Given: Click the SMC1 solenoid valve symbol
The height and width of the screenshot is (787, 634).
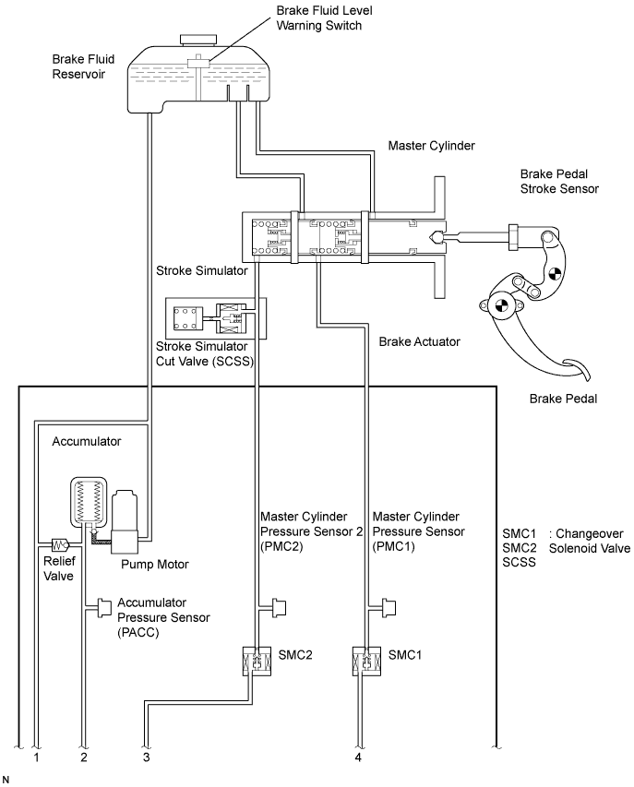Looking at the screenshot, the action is pyautogui.click(x=367, y=660).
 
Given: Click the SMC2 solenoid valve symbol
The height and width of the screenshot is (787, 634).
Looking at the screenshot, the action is pyautogui.click(x=257, y=660).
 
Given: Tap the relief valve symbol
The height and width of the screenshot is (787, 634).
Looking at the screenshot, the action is pyautogui.click(x=60, y=544).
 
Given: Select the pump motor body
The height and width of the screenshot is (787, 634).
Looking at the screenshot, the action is pyautogui.click(x=125, y=521).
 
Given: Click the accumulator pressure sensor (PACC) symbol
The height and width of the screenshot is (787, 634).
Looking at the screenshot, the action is pyautogui.click(x=104, y=608).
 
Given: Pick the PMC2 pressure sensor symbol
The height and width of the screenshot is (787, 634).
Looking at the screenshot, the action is pyautogui.click(x=278, y=608).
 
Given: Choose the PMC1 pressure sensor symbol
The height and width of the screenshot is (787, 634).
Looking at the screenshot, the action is pyautogui.click(x=388, y=608).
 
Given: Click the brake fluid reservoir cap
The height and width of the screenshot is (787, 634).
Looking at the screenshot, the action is pyautogui.click(x=199, y=41).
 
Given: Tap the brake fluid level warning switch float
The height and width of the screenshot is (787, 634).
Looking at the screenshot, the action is pyautogui.click(x=198, y=63).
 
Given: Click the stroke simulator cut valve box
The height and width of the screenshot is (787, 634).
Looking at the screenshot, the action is pyautogui.click(x=216, y=318).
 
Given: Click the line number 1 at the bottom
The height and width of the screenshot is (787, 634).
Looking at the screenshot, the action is pyautogui.click(x=36, y=757).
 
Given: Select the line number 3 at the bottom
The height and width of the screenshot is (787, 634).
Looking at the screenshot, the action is pyautogui.click(x=146, y=757).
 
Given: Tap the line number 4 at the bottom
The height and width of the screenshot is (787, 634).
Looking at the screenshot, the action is pyautogui.click(x=358, y=757).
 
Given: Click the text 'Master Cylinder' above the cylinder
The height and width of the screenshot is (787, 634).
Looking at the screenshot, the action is pyautogui.click(x=431, y=146).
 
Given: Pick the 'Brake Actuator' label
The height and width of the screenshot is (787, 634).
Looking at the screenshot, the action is pyautogui.click(x=419, y=341).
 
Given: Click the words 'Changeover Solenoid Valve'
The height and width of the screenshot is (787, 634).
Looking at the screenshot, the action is pyautogui.click(x=590, y=541).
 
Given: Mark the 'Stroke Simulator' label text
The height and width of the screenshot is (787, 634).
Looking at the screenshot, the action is pyautogui.click(x=202, y=271).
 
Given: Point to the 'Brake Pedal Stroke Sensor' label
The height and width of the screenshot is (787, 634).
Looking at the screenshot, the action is pyautogui.click(x=559, y=182).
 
